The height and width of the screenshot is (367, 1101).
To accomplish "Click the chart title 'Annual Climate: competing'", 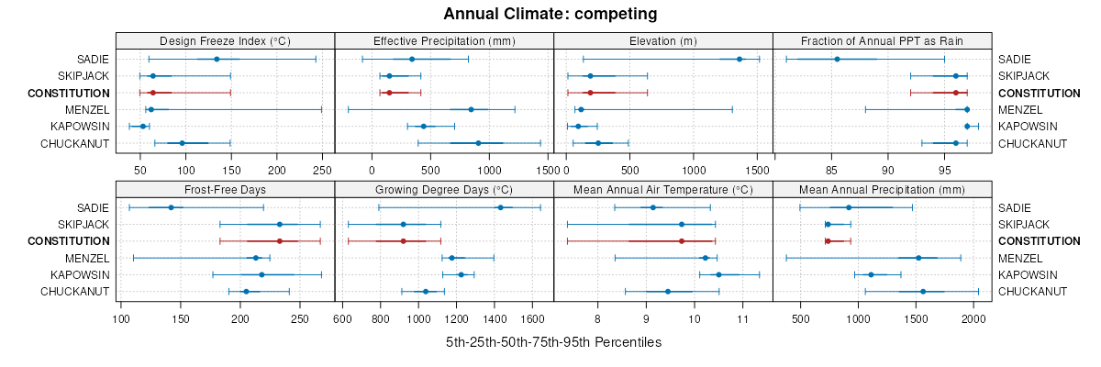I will coord(550,14).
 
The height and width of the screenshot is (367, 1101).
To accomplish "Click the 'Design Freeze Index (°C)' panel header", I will coord(225,40).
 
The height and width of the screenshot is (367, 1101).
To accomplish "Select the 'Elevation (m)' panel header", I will coord(663,40).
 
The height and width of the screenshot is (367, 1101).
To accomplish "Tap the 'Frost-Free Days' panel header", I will coord(225,190).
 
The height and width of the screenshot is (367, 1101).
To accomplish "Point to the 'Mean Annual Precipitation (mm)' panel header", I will coord(882,190).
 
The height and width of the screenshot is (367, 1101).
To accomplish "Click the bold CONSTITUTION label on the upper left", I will coord(69,93).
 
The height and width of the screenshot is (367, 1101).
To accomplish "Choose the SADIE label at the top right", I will coord(1015,59).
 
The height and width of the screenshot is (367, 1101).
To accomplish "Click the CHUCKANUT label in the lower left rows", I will coord(74,292).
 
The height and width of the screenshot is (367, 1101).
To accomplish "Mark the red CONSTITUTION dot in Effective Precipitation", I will coord(389,93).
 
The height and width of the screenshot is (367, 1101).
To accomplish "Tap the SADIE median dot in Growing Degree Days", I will coord(500,207).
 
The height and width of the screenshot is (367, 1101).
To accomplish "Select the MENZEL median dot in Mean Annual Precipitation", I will coord(918,258).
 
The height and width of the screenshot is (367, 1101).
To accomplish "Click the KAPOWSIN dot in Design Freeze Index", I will coord(142,126).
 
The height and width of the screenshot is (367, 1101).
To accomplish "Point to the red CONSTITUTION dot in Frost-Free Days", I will coord(280,240).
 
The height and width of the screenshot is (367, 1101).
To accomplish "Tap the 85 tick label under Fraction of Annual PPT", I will coord(832,170).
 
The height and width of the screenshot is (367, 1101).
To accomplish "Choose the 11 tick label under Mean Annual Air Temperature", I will coord(742,319).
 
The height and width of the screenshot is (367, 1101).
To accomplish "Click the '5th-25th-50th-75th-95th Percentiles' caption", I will coord(553,342).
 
